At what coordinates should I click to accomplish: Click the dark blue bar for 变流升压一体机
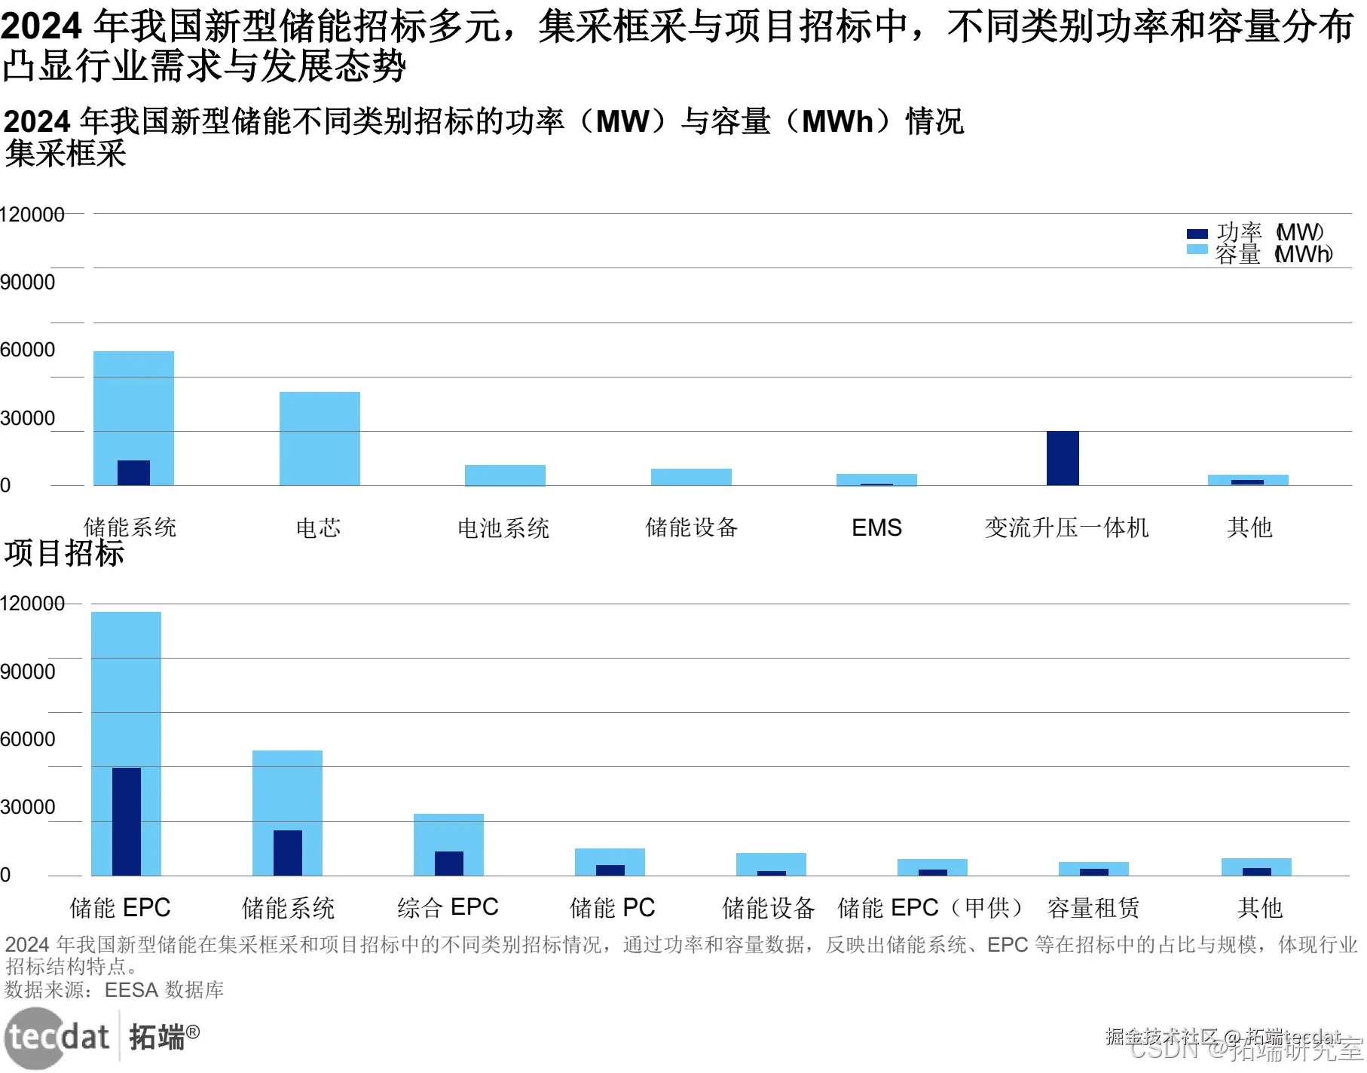[1063, 458]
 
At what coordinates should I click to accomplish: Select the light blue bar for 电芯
[320, 438]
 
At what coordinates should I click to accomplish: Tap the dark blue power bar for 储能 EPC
[127, 821]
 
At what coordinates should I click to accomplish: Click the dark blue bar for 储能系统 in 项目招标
[288, 852]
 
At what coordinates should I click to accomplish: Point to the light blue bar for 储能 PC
[610, 856]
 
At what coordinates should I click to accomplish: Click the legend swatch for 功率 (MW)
[1197, 234]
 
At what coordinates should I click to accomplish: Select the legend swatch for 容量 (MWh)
[1197, 249]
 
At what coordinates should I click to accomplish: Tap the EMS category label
[876, 527]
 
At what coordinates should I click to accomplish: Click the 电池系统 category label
[503, 528]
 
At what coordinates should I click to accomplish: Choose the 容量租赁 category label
[1093, 908]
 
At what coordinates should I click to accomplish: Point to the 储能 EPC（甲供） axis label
[931, 908]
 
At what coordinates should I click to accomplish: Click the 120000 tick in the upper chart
[32, 215]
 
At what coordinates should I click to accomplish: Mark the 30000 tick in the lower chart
[28, 807]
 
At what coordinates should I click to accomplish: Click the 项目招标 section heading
[64, 553]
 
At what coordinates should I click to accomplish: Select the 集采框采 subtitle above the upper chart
[66, 154]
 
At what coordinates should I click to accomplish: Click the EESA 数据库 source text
[164, 989]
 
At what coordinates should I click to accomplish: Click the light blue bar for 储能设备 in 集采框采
[691, 477]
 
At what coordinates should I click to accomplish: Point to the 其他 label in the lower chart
[1259, 908]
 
